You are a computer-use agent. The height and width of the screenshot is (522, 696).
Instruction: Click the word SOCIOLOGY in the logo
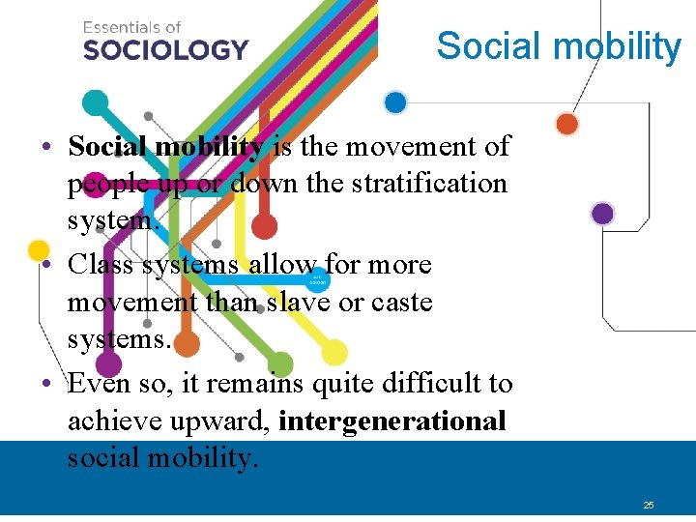(x=165, y=48)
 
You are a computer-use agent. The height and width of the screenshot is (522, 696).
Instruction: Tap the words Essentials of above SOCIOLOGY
(x=131, y=27)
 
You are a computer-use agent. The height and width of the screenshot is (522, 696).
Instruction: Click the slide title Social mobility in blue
(x=559, y=45)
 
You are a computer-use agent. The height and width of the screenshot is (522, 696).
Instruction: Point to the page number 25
(x=649, y=505)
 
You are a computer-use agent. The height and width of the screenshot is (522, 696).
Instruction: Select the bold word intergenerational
(x=392, y=421)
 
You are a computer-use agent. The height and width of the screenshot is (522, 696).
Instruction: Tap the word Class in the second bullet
(x=101, y=264)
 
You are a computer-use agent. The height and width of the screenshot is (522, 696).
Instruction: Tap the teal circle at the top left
(x=96, y=101)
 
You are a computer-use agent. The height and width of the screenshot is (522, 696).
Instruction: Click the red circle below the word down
(x=263, y=226)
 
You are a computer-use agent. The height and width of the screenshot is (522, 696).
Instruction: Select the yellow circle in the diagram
(x=334, y=352)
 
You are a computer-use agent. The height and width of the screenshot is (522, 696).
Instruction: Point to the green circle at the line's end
(x=280, y=363)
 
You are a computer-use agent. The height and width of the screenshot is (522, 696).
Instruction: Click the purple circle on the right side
(x=602, y=214)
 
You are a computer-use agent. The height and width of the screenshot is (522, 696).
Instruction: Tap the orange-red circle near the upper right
(x=567, y=124)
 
